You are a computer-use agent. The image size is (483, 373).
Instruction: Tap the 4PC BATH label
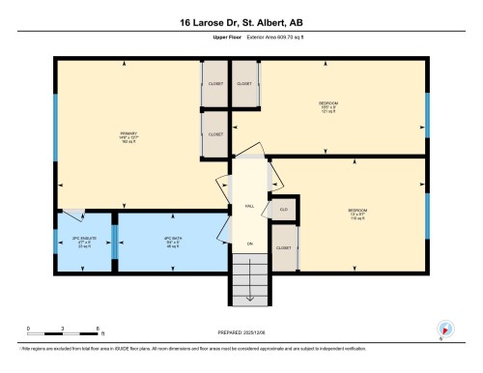point(173,242)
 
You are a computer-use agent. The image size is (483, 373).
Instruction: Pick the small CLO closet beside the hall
point(284,208)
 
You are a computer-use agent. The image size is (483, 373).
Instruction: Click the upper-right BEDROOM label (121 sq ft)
point(328,106)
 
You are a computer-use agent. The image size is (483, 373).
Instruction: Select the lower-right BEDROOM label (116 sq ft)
point(357,213)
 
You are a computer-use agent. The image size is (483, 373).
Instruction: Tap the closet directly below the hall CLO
point(283,247)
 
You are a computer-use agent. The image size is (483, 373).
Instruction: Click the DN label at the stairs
point(249,244)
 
